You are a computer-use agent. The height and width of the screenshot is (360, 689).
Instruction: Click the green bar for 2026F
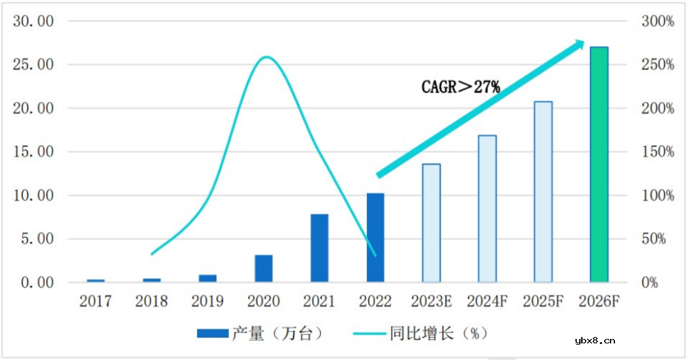click(599, 165)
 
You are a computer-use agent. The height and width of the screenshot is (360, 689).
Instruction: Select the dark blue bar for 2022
click(375, 237)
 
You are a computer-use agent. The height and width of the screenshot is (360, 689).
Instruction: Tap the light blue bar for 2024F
click(487, 209)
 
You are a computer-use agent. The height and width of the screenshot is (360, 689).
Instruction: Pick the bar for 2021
click(319, 248)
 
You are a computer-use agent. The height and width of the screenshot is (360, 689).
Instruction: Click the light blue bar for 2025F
click(543, 192)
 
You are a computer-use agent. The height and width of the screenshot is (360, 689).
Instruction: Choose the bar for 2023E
click(431, 223)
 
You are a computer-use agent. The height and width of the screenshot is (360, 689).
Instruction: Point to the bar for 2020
click(263, 269)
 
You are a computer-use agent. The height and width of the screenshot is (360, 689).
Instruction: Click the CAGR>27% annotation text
click(461, 87)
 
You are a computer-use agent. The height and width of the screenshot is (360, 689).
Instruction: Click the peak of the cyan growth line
click(265, 57)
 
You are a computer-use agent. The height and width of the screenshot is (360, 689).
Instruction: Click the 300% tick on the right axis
click(657, 22)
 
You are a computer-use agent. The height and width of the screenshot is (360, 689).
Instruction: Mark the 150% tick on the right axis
click(657, 152)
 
